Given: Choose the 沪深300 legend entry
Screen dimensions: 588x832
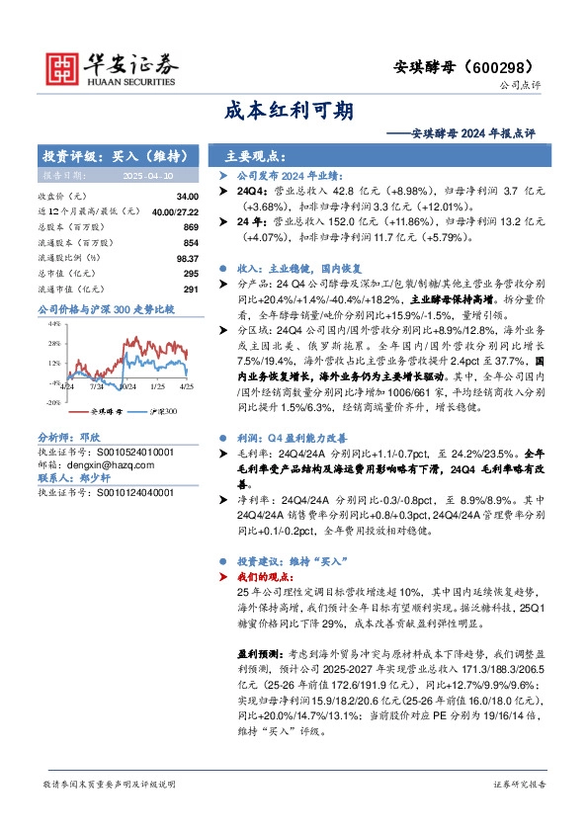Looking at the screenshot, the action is coord(162,410).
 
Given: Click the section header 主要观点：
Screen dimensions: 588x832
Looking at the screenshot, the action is coord(256,156).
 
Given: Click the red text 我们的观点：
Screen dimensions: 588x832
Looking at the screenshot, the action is coord(267,575).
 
